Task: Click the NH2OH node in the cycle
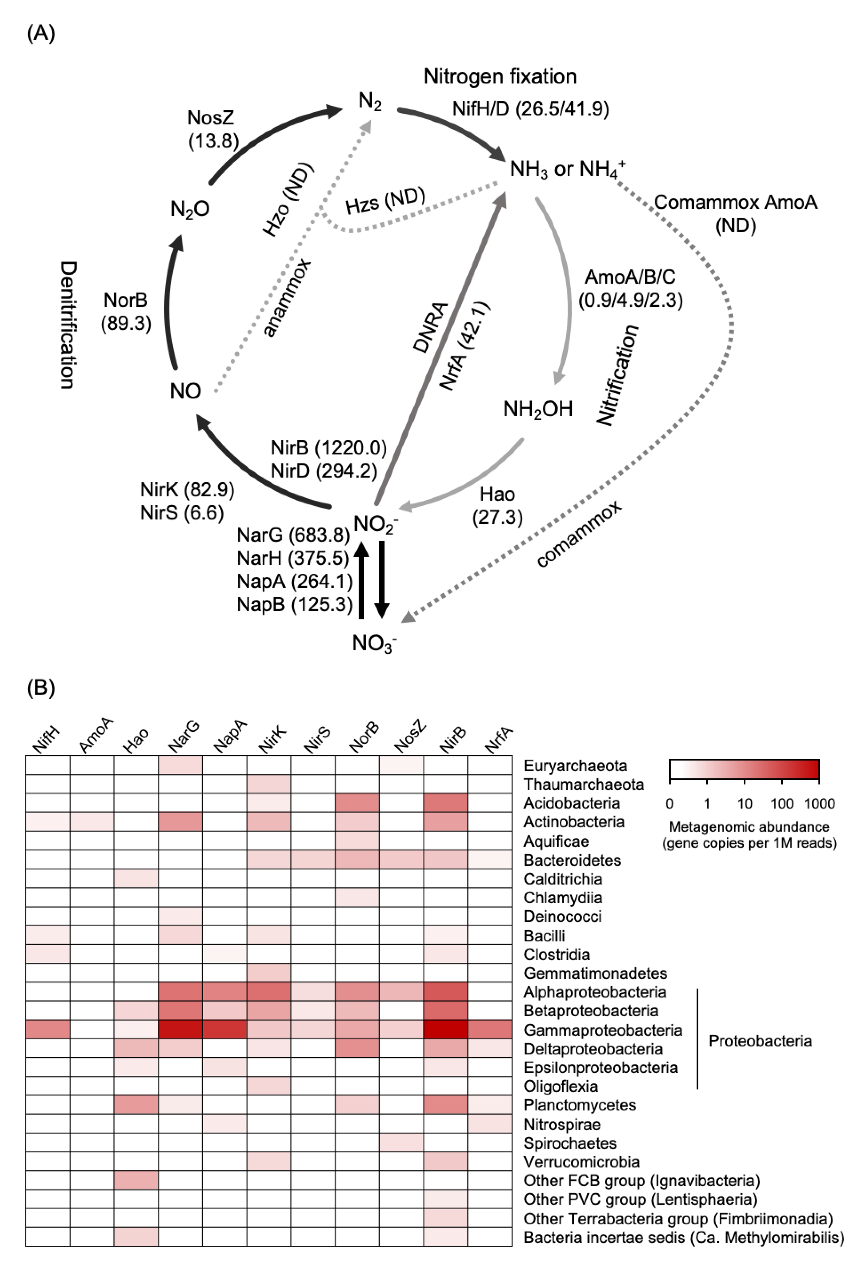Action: click(x=538, y=409)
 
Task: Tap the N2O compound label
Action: click(x=190, y=209)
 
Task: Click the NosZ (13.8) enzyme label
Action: click(x=212, y=129)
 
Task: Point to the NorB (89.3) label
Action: click(x=126, y=311)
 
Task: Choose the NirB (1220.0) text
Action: click(x=329, y=448)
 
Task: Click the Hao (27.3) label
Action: click(x=497, y=506)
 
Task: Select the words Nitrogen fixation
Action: click(x=500, y=76)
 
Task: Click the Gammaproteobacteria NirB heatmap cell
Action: click(x=445, y=1030)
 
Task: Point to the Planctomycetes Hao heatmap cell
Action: click(x=136, y=1105)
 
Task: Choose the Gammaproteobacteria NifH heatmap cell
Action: click(x=48, y=1030)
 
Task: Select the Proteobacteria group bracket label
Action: click(x=760, y=1041)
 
